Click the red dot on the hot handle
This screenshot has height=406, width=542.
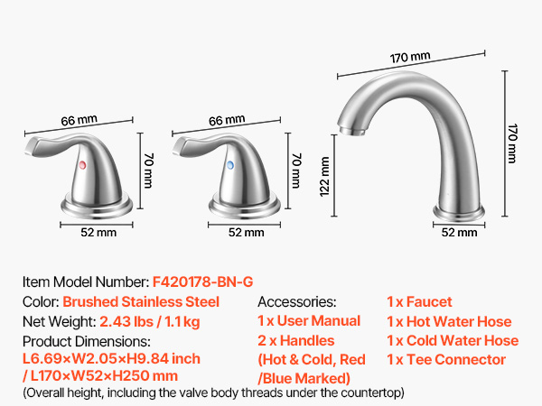tap(82, 165)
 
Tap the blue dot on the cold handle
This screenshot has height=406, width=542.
tap(230, 165)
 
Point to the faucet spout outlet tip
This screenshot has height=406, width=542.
tap(351, 131)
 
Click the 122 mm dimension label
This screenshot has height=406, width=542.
tap(324, 177)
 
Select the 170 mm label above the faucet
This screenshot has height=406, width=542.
tap(410, 58)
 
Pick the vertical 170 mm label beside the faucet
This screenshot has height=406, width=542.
tap(512, 143)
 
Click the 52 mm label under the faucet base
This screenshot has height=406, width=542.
tap(459, 233)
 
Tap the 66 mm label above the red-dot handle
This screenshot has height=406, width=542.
tap(79, 120)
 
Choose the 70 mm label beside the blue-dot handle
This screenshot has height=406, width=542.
tap(296, 171)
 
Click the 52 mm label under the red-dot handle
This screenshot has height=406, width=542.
tap(98, 233)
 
